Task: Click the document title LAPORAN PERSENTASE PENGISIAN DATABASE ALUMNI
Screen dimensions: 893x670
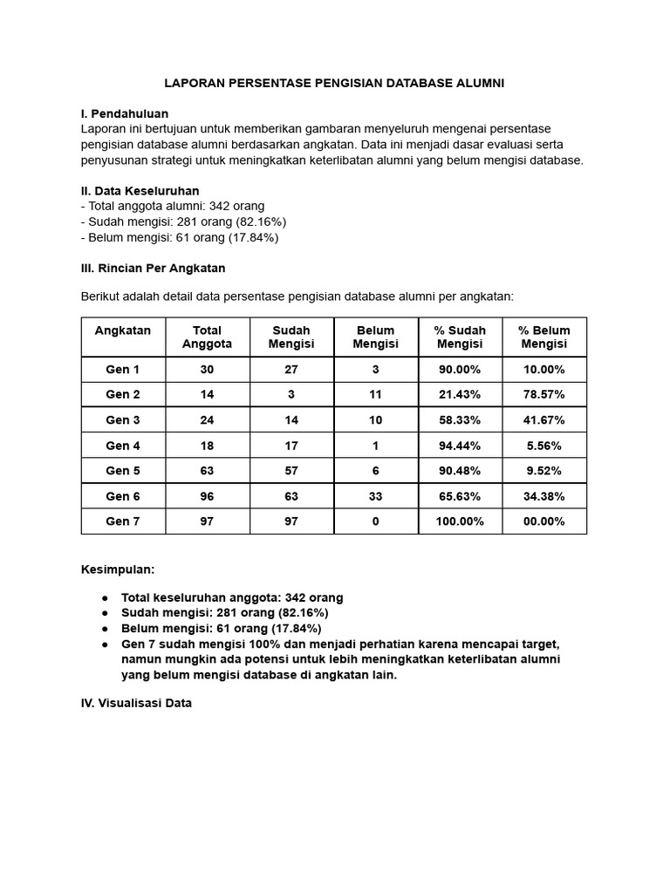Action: click(335, 83)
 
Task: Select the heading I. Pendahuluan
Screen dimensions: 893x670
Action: click(124, 113)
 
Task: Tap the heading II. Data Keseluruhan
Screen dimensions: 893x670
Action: click(140, 190)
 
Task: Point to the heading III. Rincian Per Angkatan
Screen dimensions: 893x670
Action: click(153, 268)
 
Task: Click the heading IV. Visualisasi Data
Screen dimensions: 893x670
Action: click(135, 702)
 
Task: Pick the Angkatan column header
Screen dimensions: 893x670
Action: click(123, 331)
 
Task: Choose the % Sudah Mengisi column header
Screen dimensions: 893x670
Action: click(460, 337)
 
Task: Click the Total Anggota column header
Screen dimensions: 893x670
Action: click(207, 337)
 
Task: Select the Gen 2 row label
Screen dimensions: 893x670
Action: click(123, 394)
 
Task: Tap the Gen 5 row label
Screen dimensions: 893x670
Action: click(123, 471)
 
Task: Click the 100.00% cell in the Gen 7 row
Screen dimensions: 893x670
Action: click(460, 521)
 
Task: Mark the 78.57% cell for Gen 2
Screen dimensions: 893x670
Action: click(544, 394)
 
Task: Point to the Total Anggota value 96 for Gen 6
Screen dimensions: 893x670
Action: click(207, 496)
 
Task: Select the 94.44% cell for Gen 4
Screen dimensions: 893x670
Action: click(460, 446)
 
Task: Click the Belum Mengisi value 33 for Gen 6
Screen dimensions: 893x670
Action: click(375, 496)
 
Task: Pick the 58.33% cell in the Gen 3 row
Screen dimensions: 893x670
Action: click(460, 419)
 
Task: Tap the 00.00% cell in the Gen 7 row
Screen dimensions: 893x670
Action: click(544, 521)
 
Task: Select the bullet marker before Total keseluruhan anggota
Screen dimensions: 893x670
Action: click(105, 598)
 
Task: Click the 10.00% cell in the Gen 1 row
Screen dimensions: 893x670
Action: click(544, 369)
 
